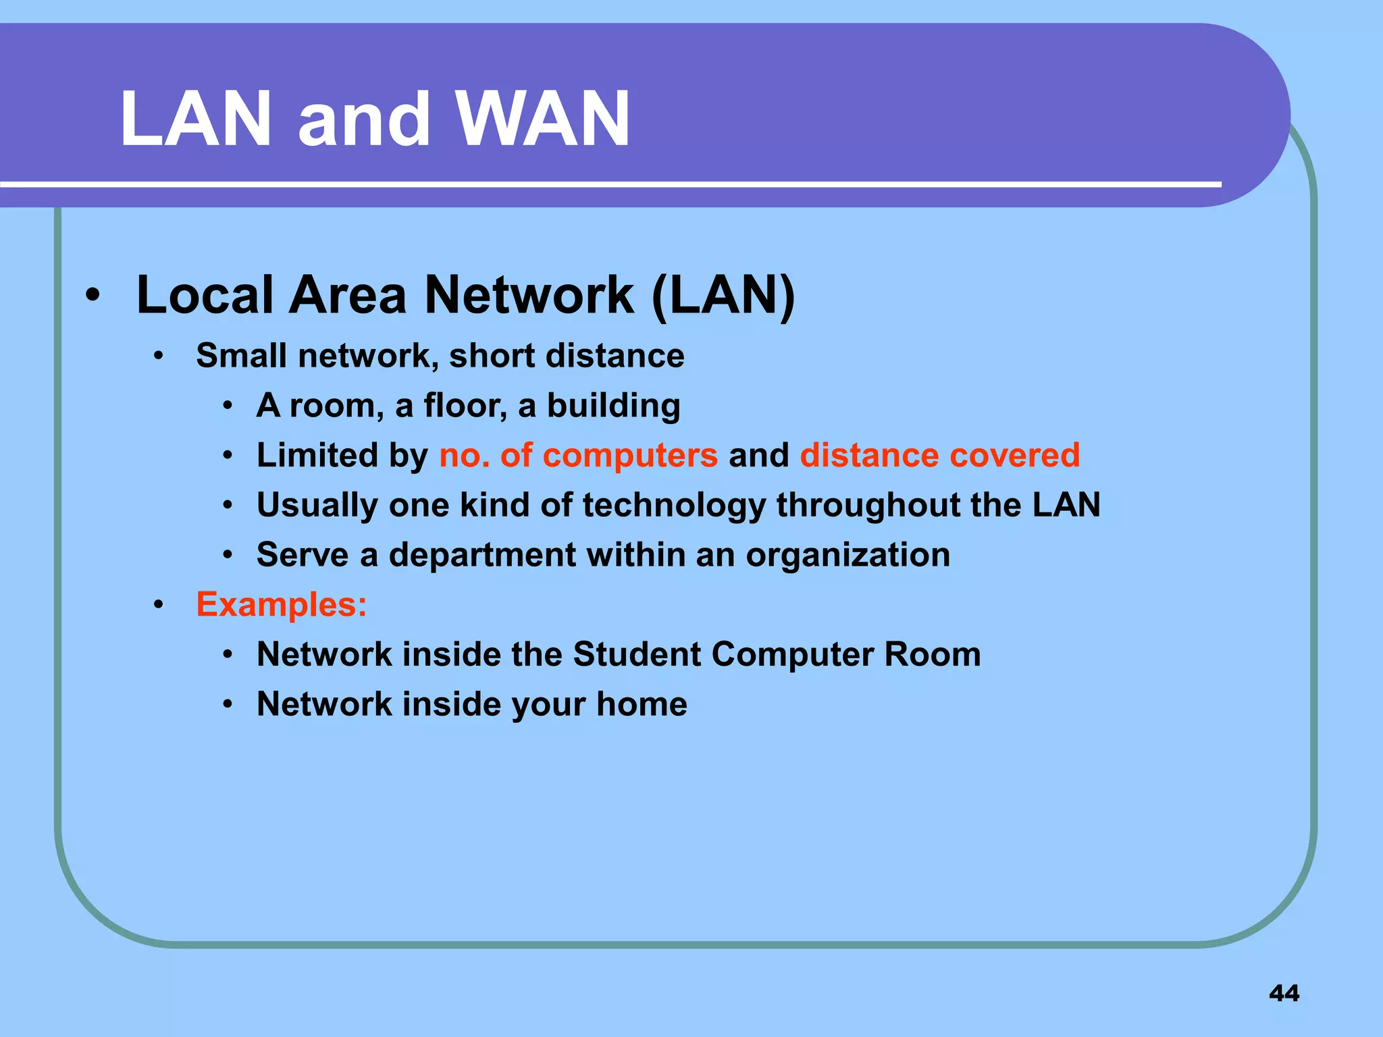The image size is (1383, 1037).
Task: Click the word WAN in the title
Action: (543, 119)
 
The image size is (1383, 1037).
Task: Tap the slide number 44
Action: (1284, 993)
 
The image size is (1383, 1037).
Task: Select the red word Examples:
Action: (281, 604)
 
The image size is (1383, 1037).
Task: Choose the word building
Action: (613, 406)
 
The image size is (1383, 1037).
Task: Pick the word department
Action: (482, 556)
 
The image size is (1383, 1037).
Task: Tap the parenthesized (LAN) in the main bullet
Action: (723, 295)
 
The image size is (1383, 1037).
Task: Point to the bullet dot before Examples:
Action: (159, 605)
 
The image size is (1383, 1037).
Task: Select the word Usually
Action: (317, 506)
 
